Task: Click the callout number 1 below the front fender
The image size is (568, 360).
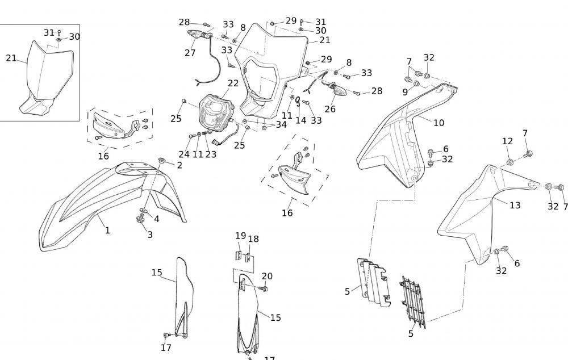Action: point(107,230)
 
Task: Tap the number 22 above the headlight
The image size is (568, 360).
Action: point(233,83)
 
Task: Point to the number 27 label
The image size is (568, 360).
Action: point(190,53)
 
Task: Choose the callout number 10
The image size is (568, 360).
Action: point(438,123)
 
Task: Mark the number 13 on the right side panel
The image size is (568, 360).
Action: point(515,205)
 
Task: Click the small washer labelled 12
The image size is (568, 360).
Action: point(509,162)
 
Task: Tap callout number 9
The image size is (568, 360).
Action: point(405,92)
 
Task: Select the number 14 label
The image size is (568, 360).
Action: point(300,120)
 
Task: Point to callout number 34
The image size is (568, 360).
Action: point(281,124)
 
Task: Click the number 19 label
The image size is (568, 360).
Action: point(241,236)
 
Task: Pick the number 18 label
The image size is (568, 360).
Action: point(253,239)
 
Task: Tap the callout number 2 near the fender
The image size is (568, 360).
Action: point(179,165)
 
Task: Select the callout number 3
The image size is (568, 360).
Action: point(150,235)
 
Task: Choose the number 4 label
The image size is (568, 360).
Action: point(156,219)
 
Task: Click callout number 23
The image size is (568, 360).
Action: point(211,154)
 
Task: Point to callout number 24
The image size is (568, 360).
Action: point(184,154)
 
